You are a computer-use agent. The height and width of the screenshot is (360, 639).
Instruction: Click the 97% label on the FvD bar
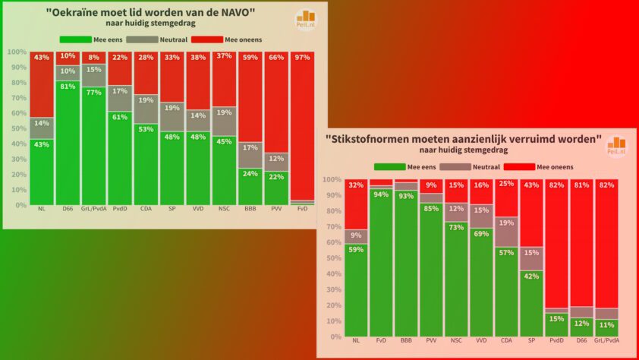coord(303,57)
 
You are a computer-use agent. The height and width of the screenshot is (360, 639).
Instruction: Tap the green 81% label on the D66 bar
coord(67,86)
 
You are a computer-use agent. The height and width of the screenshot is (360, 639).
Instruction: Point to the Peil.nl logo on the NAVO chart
coord(306,20)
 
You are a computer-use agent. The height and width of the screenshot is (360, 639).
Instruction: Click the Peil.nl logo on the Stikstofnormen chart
coord(615,146)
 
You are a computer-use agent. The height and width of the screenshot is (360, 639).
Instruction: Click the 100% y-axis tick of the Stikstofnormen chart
coord(332,179)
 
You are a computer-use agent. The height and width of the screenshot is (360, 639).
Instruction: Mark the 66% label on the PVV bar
coord(276,57)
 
